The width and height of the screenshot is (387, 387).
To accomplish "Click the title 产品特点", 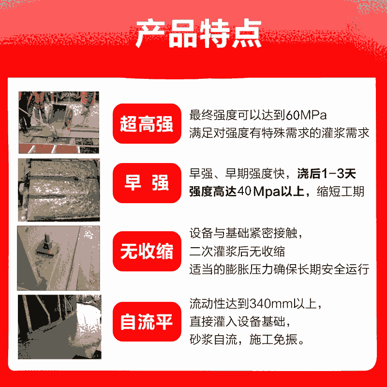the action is [199, 33].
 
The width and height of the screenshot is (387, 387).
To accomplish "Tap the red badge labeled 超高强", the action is [147, 123].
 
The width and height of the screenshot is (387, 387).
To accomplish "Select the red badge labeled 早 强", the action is [147, 183].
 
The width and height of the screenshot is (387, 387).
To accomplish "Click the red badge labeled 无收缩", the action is [147, 251].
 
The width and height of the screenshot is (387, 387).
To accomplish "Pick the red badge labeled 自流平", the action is [147, 322].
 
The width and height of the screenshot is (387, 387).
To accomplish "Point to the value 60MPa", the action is [306, 115].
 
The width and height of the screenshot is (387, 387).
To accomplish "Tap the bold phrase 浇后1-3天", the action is [326, 174].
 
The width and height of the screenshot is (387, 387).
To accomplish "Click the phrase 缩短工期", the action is [341, 192].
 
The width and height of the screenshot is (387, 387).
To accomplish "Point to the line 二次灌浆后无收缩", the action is [237, 252].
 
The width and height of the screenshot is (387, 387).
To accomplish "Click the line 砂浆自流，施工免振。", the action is [247, 340].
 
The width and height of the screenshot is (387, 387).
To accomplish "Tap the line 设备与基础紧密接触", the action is [246, 233].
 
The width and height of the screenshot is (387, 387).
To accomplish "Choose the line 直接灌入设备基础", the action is [239, 322].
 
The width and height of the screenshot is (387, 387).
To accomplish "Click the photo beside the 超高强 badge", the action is [59, 122].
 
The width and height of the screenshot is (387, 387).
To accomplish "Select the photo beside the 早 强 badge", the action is [59, 190].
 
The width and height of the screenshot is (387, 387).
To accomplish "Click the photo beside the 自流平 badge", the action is [60, 327].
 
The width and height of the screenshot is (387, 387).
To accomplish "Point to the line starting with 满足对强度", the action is [279, 133].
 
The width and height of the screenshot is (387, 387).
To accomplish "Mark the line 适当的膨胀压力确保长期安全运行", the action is [279, 269].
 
